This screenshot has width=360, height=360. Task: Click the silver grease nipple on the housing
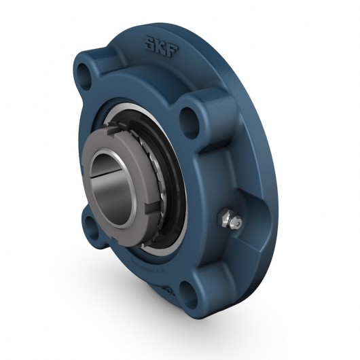coord(230,219)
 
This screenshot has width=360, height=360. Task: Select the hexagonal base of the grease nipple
coord(224,217)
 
